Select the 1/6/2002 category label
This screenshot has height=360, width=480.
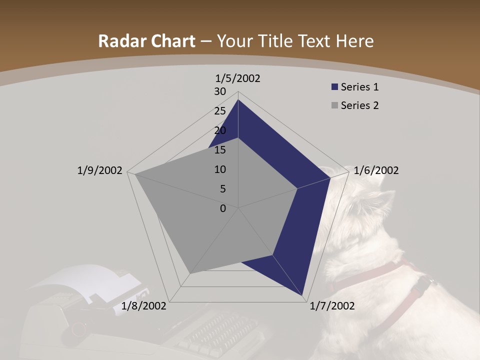point(376,170)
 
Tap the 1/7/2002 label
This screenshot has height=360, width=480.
point(332,306)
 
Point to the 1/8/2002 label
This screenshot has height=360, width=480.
point(144,306)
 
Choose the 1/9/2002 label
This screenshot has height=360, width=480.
point(99,170)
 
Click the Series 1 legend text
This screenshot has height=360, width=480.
point(359,87)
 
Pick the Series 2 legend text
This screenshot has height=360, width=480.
point(359,105)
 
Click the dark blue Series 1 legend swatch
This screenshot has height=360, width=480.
point(334,87)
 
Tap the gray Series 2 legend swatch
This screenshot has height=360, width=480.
point(334,105)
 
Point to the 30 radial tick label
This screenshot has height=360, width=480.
point(220,91)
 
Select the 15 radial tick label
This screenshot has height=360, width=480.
point(220,150)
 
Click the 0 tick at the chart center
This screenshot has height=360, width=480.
point(223,208)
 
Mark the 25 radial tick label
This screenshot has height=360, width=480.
point(220,111)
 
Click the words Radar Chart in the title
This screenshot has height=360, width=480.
point(146,41)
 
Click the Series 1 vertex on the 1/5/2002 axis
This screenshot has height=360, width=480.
point(238,100)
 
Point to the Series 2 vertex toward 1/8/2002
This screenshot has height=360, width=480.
point(189,273)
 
